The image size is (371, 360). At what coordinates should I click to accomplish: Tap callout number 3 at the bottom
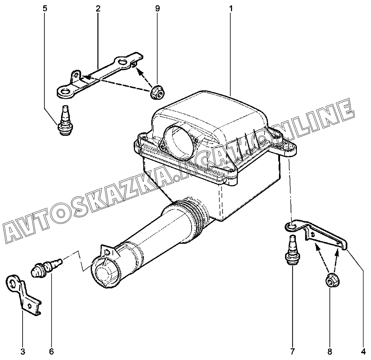pos(23,351)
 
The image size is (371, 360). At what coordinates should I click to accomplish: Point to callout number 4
pos(363,351)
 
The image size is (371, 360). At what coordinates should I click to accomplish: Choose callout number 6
pos(51,351)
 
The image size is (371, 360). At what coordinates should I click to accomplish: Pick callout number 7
pos(293,351)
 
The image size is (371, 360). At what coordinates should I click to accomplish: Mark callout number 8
pos(330,351)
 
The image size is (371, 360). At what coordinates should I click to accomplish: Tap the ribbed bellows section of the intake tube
pos(197,217)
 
